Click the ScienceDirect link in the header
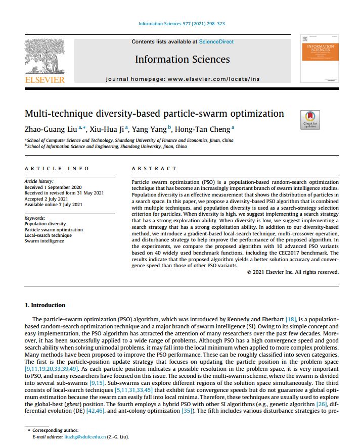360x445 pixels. [x=216, y=42]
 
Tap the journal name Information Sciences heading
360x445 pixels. [x=183, y=60]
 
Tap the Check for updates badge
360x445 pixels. [x=309, y=120]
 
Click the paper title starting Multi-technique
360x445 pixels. [x=154, y=114]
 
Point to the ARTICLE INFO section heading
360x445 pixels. [x=57, y=168]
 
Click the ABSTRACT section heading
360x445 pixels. [x=154, y=168]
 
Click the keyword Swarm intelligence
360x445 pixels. [x=44, y=241]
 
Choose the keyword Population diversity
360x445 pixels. [x=45, y=224]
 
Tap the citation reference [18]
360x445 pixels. [x=291, y=320]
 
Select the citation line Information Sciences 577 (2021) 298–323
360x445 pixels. [x=182, y=24]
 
